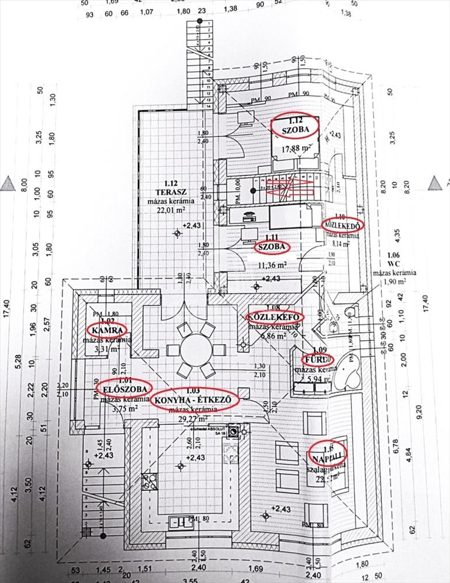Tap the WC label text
tap(394, 263)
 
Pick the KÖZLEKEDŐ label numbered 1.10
tap(344, 225)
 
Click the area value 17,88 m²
tap(296, 149)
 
